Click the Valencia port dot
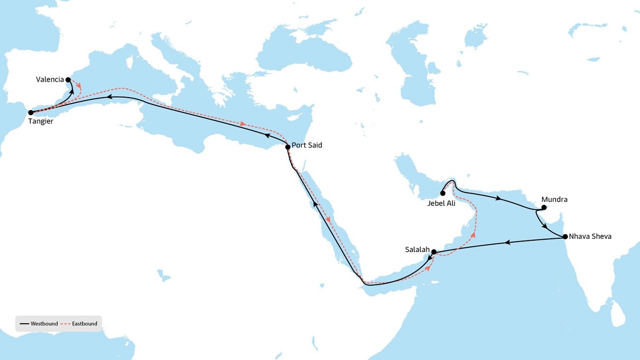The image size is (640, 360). click(68, 80)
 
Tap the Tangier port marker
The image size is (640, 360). click(31, 113)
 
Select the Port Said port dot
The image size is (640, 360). click(288, 147)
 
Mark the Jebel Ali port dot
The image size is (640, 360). click(442, 193)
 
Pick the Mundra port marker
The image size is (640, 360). click(544, 208)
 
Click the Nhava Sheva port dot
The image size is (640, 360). click(565, 237)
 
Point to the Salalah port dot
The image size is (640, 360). click(434, 252)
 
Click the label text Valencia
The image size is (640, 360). click(50, 79)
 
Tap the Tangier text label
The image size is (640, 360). click(41, 121)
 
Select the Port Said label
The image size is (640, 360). click(307, 145)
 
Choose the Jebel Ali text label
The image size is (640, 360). click(441, 203)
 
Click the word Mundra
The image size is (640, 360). click(555, 199)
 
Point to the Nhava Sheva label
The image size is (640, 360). click(590, 236)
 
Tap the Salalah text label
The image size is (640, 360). click(417, 249)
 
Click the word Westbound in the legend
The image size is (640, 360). click(44, 324)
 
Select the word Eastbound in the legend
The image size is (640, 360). click(85, 324)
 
